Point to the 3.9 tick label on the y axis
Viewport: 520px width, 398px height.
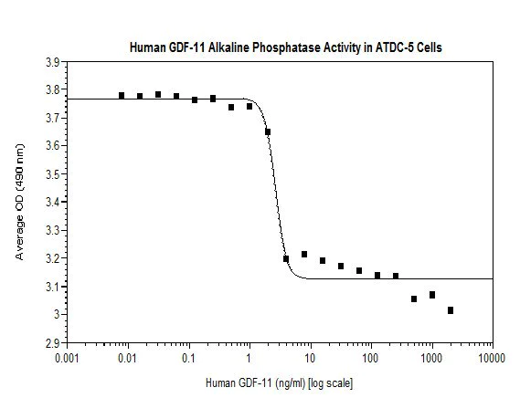(52, 62)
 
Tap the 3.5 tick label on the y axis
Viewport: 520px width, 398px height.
(52, 174)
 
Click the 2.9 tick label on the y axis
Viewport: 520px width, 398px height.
(52, 342)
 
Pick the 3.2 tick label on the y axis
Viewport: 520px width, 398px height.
(52, 258)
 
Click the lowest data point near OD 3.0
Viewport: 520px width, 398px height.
(451, 310)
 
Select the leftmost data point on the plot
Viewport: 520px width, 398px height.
(122, 95)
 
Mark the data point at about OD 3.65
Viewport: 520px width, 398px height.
(268, 132)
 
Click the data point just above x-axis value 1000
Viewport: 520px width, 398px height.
(432, 295)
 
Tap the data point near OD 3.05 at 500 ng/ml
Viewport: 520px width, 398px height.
(414, 298)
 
